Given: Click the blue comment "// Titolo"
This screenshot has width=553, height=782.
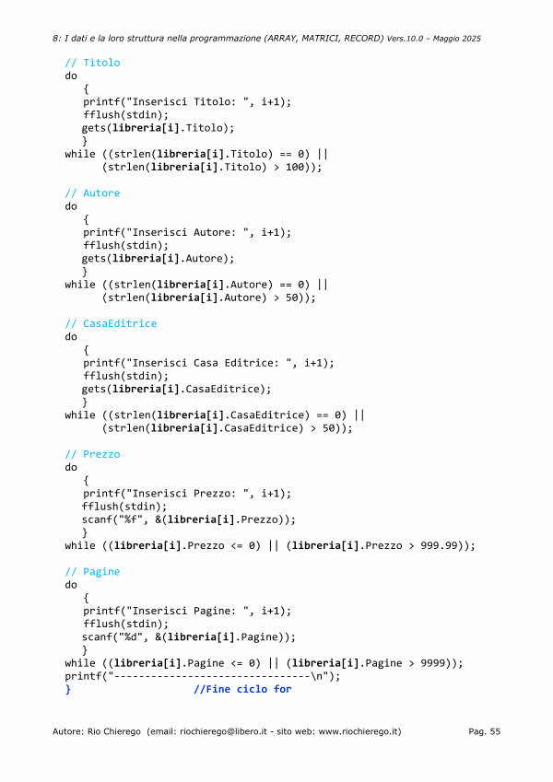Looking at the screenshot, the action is pos(92,63).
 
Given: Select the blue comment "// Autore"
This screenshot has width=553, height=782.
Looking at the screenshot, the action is pos(92,193).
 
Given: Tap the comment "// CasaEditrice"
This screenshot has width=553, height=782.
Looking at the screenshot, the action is pos(111,323).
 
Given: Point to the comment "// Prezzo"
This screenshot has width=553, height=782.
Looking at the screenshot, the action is pos(92,454).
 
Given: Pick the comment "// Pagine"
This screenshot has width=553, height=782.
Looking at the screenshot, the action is pos(92,572).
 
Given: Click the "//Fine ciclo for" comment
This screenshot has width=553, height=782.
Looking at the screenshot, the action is pos(242,689).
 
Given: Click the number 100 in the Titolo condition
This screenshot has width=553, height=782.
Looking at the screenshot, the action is pos(294,167).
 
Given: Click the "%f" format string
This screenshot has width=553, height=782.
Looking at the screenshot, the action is pos(132,519).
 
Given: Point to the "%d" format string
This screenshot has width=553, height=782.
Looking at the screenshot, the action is pos(132,637).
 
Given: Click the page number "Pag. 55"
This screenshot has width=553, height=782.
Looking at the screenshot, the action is pos(484,731).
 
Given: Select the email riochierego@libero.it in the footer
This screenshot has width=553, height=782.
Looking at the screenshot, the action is pos(224,731).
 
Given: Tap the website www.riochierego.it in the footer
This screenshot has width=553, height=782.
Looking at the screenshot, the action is pos(359,731).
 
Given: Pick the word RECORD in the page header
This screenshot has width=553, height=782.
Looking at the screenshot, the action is pos(363,39).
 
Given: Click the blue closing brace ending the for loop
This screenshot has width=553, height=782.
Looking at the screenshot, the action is pos(68,689).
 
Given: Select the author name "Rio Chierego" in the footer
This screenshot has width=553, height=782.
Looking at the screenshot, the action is pos(113,731).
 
